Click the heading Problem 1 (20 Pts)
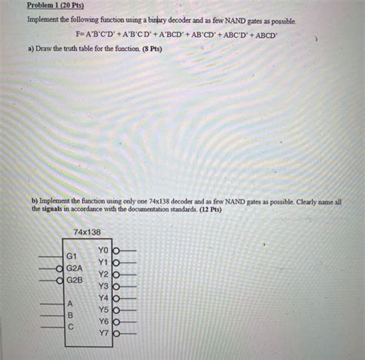(55, 5)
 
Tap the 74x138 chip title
(87, 232)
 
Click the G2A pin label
(74, 267)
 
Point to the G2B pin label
(74, 280)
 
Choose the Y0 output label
(104, 251)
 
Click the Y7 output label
(104, 333)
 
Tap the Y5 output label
(104, 310)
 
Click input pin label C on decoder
(71, 326)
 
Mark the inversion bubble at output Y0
(116, 251)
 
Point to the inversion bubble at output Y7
(116, 333)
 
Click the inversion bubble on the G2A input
(60, 267)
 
